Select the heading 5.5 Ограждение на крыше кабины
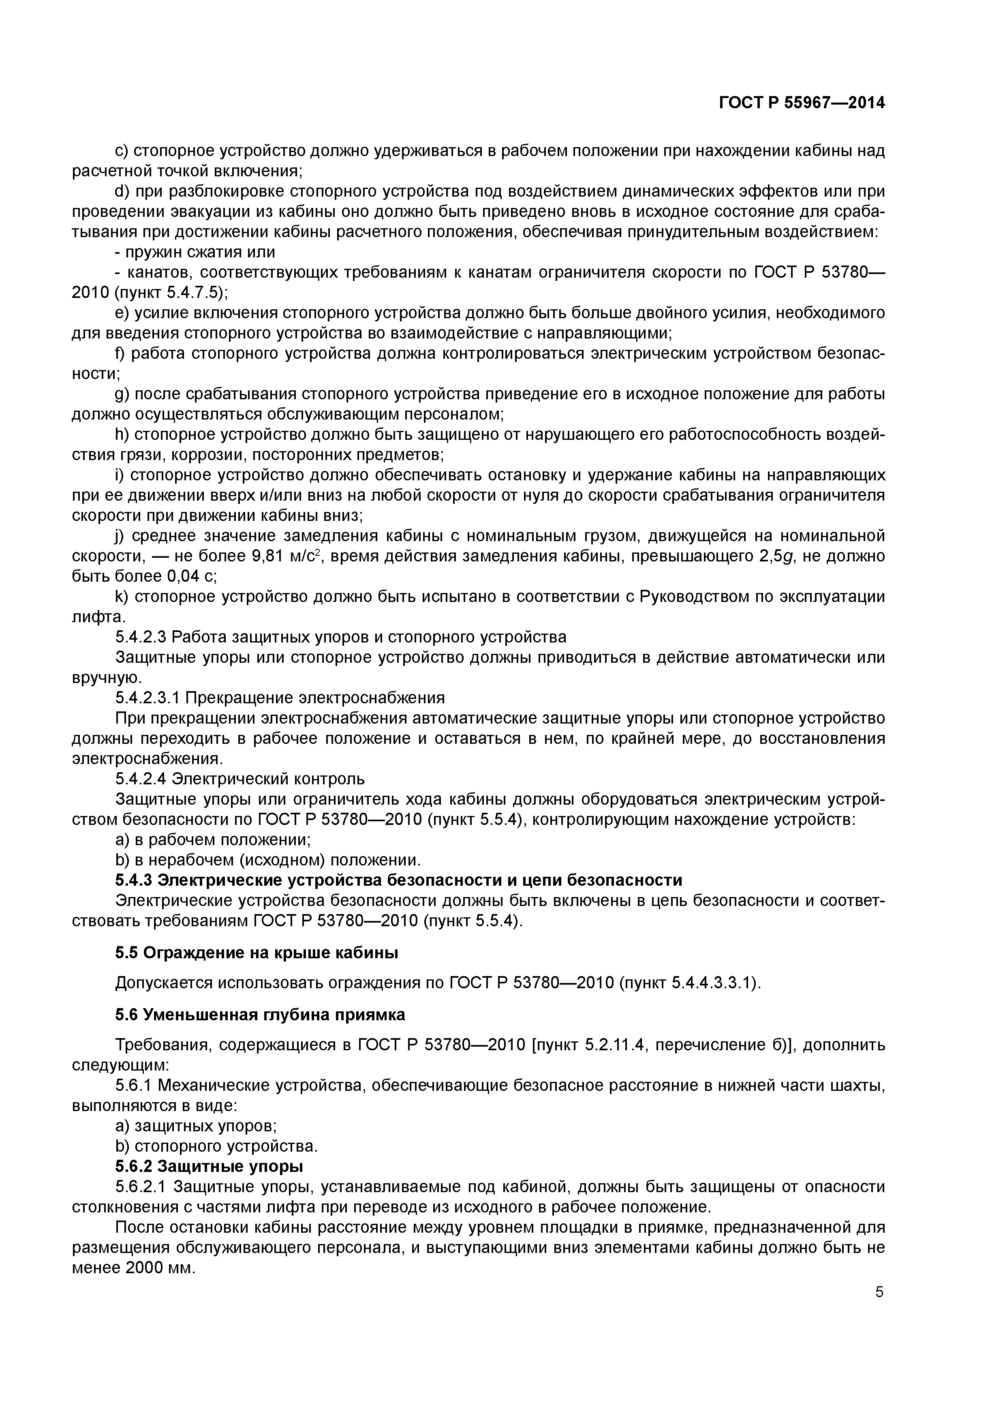(257, 953)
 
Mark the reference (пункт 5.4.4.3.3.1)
(690, 983)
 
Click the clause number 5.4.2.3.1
(148, 697)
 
